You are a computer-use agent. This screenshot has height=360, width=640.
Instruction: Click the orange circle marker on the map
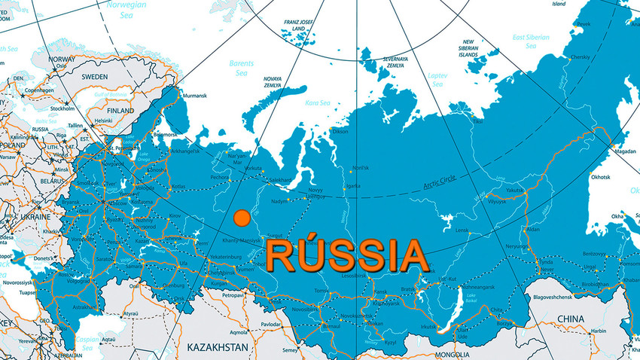tap(242, 218)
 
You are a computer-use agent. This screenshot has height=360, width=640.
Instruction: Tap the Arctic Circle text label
tap(440, 179)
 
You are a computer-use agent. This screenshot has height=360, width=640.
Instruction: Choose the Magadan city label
tap(616, 151)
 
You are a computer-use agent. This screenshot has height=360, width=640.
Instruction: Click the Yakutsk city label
tap(514, 191)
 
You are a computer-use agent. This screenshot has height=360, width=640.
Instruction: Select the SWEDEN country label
tap(95, 77)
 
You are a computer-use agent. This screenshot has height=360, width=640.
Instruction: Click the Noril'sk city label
tap(361, 167)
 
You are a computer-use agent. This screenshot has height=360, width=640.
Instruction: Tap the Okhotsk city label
tap(600, 178)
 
